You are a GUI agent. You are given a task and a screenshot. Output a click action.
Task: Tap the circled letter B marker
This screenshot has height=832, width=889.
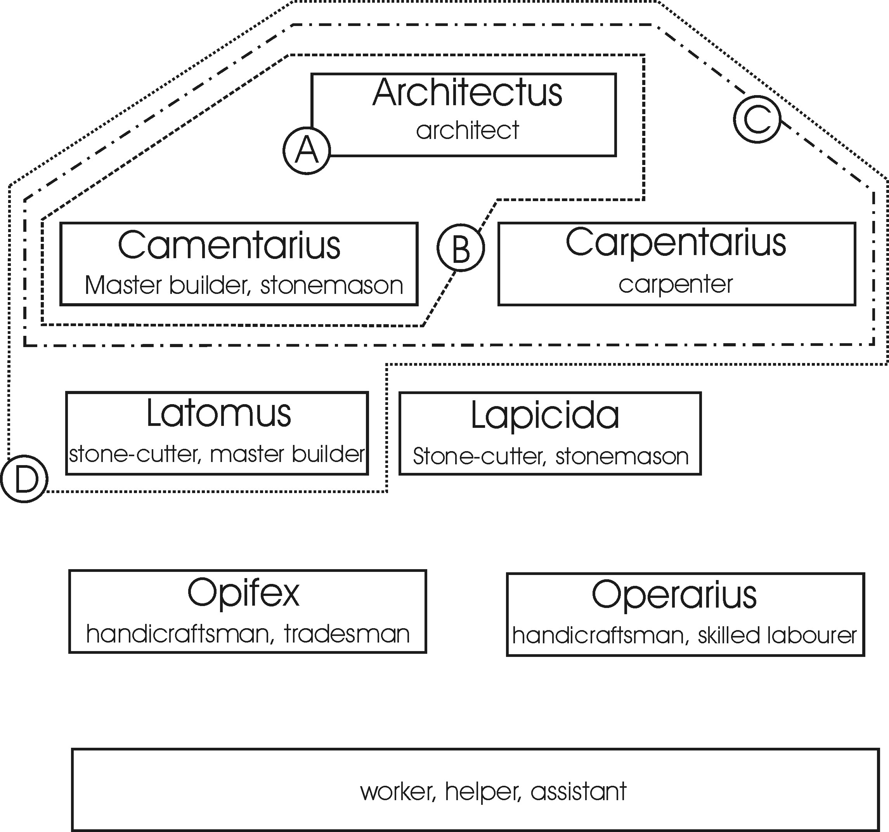tap(461, 247)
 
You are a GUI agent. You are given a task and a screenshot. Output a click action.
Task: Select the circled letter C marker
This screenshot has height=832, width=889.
tap(757, 120)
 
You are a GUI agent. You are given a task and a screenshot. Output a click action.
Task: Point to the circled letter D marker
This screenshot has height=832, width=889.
tap(24, 479)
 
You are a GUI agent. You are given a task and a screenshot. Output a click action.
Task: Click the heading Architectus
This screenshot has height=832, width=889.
tap(467, 93)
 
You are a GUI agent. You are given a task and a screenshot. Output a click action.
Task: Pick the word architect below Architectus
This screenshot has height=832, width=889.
tap(467, 130)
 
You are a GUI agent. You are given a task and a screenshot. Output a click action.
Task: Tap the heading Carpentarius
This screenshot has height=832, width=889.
tap(676, 242)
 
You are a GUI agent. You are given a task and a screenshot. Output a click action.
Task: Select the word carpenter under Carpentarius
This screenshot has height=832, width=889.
tap(676, 284)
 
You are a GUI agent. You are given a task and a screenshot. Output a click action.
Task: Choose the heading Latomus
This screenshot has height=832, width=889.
tap(219, 414)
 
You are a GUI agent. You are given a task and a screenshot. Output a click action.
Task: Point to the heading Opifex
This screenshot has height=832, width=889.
tap(243, 593)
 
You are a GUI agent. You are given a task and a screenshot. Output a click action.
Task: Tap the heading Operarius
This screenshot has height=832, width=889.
tap(674, 595)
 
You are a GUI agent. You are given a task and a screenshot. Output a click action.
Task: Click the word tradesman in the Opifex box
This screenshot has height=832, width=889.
tap(347, 634)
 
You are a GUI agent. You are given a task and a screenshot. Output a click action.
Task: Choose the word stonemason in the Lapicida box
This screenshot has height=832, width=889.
tap(622, 456)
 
